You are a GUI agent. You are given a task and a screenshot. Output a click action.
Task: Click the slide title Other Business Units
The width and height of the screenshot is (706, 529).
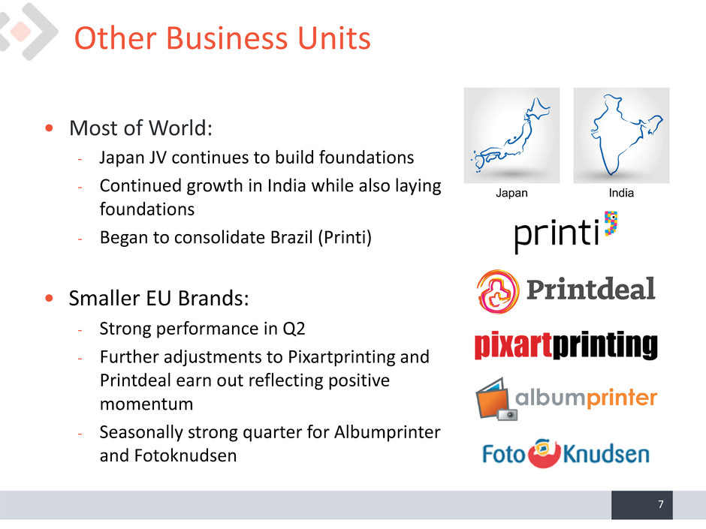[222, 38]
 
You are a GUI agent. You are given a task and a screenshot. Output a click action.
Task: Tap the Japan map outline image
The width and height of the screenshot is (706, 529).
[512, 135]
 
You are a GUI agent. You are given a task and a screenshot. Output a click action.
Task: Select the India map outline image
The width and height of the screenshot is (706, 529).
[621, 135]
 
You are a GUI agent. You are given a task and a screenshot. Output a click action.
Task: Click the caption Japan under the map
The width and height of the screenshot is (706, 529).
[511, 193]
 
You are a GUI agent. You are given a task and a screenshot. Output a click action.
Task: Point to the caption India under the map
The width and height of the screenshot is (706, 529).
[621, 193]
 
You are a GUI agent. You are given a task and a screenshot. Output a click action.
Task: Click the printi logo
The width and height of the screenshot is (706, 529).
[566, 232]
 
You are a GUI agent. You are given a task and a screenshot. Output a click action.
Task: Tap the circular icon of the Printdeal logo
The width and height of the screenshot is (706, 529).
[497, 291]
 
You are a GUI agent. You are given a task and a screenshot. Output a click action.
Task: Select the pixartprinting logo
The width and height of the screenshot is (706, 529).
[566, 345]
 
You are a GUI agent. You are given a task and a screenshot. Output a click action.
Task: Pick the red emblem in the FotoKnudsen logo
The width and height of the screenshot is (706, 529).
[544, 453]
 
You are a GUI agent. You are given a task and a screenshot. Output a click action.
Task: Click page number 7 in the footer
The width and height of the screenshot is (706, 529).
[660, 504]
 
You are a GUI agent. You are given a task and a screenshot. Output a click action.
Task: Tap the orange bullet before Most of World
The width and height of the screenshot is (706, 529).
[49, 128]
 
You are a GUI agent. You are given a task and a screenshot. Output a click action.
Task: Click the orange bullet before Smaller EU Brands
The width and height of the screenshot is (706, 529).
[49, 298]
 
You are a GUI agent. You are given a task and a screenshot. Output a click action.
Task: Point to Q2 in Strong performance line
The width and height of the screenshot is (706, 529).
[294, 329]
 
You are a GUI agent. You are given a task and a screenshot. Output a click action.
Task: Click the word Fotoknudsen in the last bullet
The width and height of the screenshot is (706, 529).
[185, 455]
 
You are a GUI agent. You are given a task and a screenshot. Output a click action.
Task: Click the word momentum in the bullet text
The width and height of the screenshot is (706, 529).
[146, 404]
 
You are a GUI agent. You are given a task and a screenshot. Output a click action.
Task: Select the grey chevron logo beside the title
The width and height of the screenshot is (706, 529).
[28, 32]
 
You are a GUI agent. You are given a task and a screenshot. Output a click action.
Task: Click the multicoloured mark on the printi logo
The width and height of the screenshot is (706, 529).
[611, 224]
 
